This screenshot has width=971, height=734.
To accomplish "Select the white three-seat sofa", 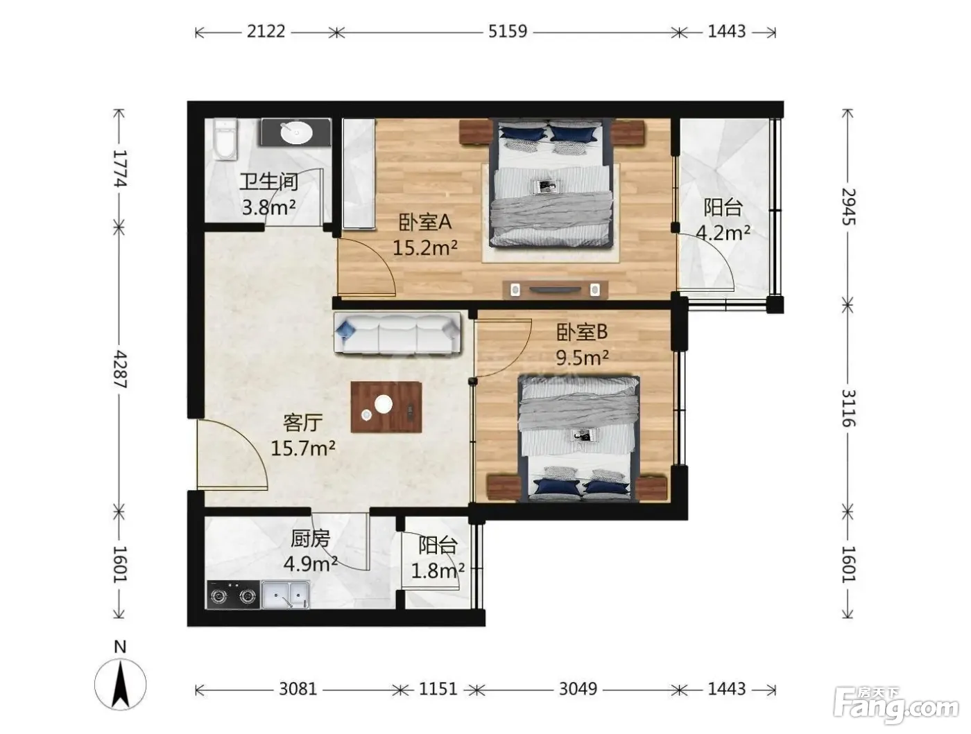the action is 397,333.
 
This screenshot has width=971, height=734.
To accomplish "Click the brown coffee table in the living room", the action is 386,407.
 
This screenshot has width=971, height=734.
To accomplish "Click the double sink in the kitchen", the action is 285,595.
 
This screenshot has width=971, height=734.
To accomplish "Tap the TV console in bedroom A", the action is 555,290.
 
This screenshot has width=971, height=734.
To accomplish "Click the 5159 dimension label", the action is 508,31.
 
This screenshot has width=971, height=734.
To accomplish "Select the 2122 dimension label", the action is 266,31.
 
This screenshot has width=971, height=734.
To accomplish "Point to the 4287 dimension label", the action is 119,370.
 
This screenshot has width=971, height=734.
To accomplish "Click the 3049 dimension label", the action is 578,689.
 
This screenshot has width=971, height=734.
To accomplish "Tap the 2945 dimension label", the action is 848,207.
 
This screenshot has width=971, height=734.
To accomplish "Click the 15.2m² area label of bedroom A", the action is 425,248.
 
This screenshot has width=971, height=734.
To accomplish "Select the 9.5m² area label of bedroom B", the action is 582,358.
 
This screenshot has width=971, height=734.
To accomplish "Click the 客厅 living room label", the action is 303,423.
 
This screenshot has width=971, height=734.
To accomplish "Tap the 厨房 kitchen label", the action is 311,539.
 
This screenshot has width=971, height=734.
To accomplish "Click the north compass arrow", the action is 120,685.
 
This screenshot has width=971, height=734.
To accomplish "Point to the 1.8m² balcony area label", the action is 438,571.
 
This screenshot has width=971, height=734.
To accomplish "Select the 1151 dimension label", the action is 438,689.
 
